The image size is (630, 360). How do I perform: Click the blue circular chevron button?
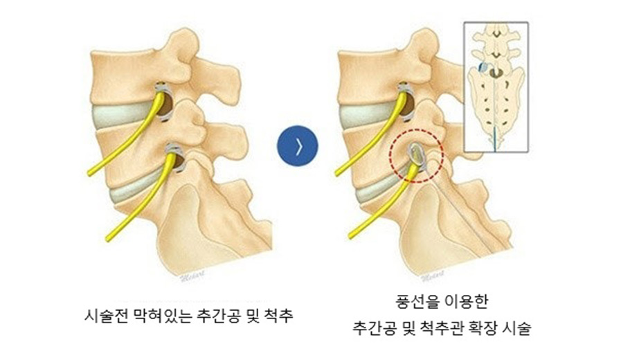click(x=296, y=147)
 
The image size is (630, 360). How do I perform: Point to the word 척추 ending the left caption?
click(x=279, y=316)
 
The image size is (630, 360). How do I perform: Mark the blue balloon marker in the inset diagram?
click(x=481, y=67)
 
